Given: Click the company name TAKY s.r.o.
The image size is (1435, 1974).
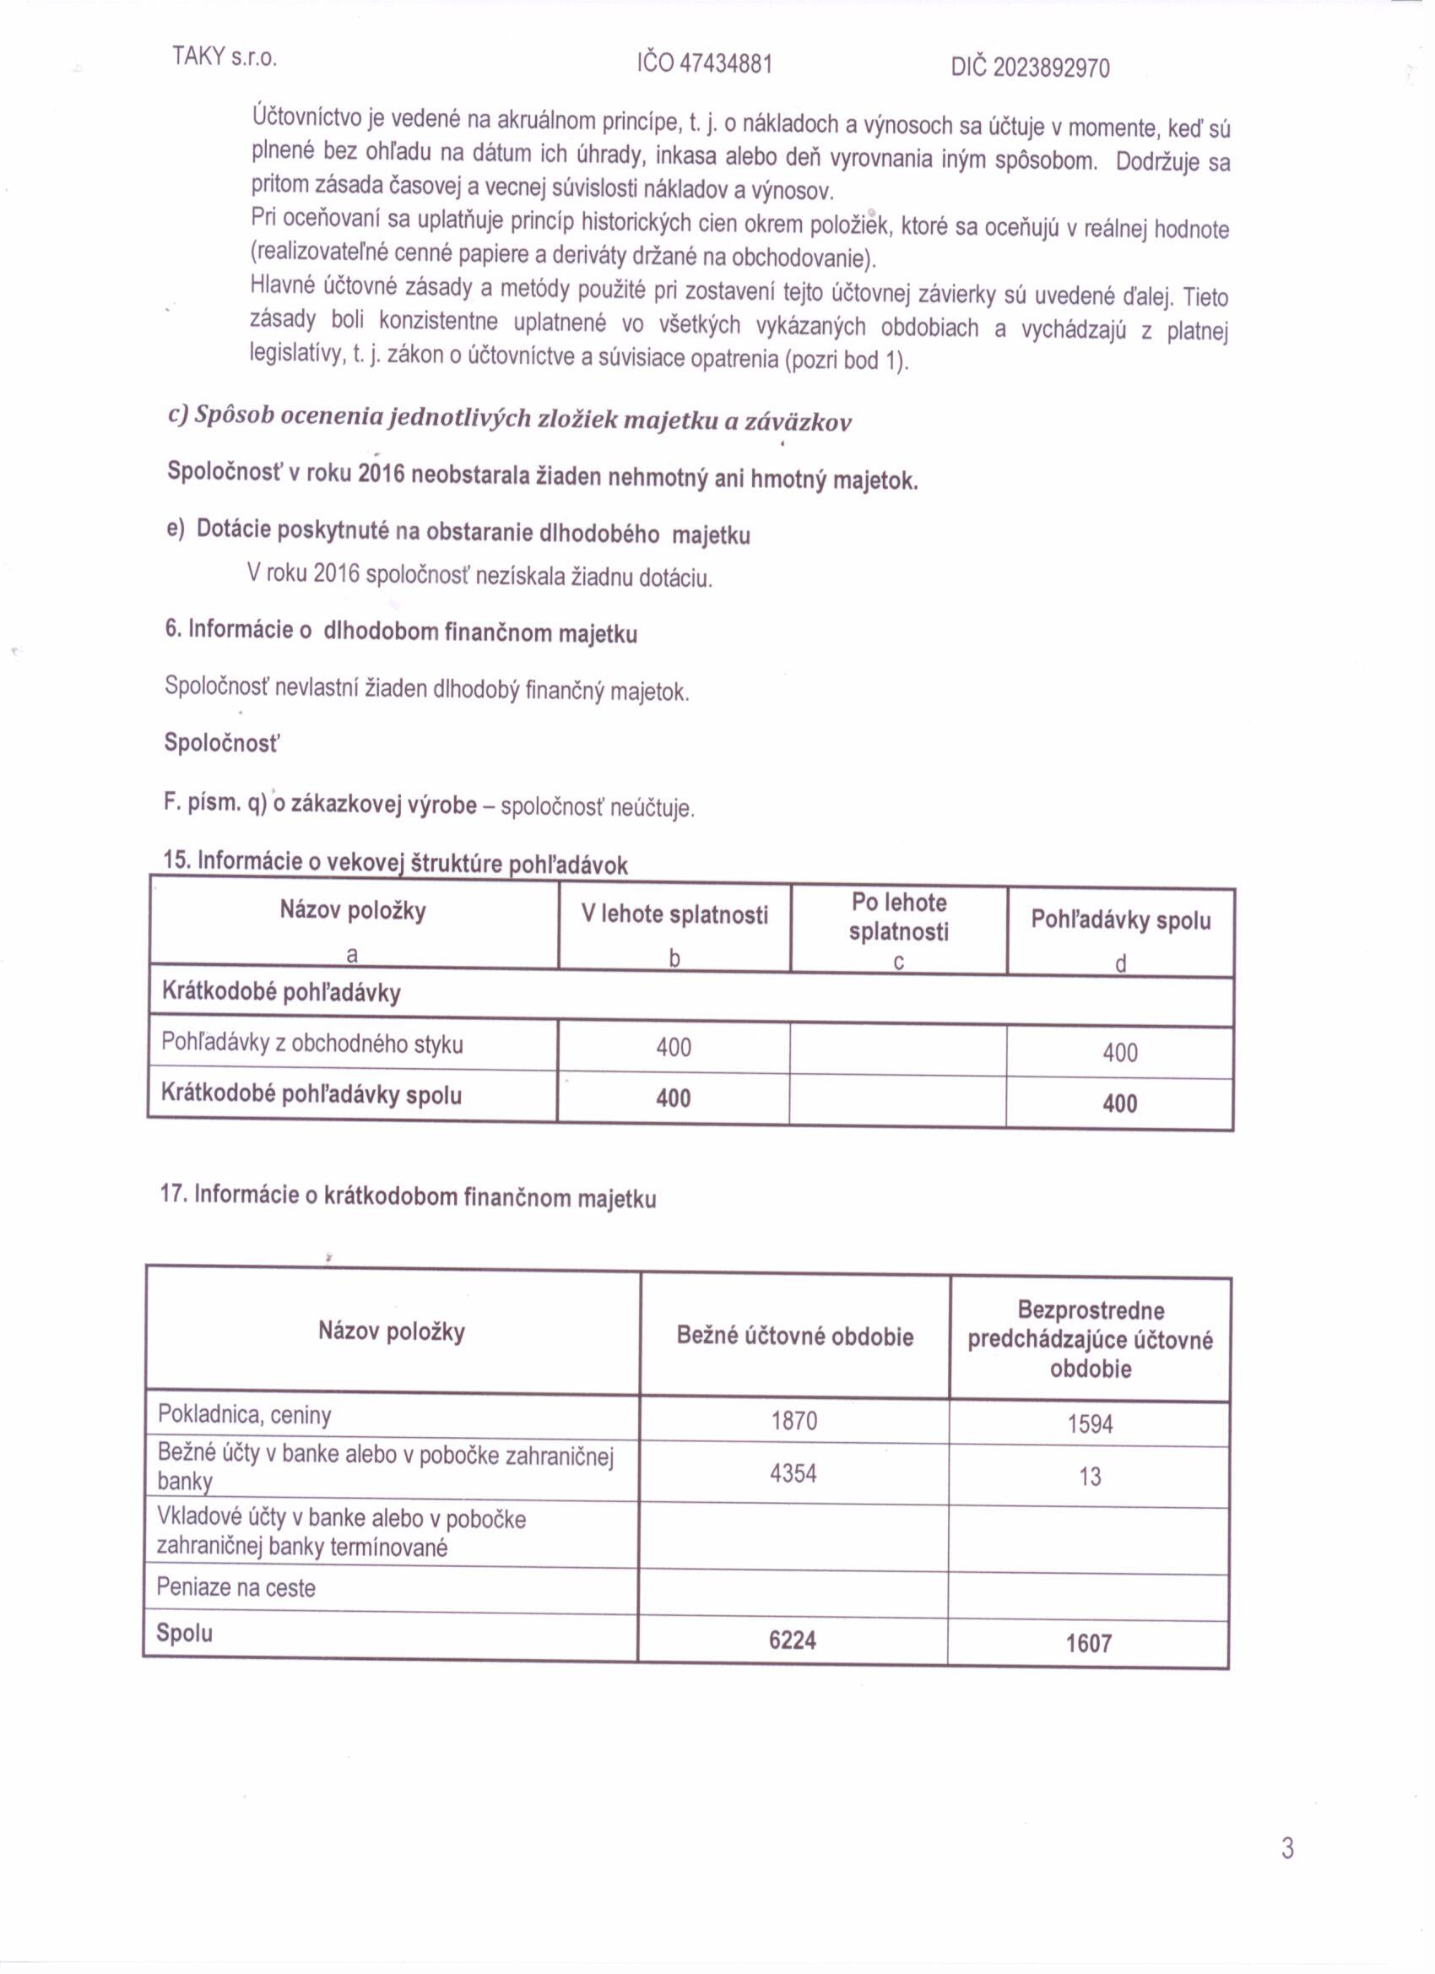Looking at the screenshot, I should tap(224, 57).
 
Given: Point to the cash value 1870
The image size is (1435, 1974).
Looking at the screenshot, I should tap(793, 1421).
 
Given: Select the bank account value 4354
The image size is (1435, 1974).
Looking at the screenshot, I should tap(793, 1473).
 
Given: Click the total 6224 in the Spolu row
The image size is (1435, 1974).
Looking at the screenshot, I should tap(792, 1640).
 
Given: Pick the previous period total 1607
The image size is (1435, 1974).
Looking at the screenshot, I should tap(1089, 1643).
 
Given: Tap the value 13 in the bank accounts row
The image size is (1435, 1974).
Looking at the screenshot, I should tap(1090, 1477).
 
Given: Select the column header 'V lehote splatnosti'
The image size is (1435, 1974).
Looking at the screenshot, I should tap(674, 914).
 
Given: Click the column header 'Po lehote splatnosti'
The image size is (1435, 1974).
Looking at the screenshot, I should tap(899, 918).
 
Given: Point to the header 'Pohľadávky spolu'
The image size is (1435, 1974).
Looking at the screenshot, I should tap(1120, 920).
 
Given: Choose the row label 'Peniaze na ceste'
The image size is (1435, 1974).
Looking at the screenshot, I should tap(236, 1587).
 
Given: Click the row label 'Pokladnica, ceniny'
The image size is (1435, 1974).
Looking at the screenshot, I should tap(245, 1415).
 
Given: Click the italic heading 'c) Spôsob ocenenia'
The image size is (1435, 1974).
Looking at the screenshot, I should tap(509, 419).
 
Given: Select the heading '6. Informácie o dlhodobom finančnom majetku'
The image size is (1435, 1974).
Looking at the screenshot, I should tap(401, 631).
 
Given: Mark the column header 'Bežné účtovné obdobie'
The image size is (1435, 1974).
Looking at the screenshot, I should tap(794, 1336).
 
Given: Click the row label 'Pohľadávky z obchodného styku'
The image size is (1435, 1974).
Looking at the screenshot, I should tap(311, 1044).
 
